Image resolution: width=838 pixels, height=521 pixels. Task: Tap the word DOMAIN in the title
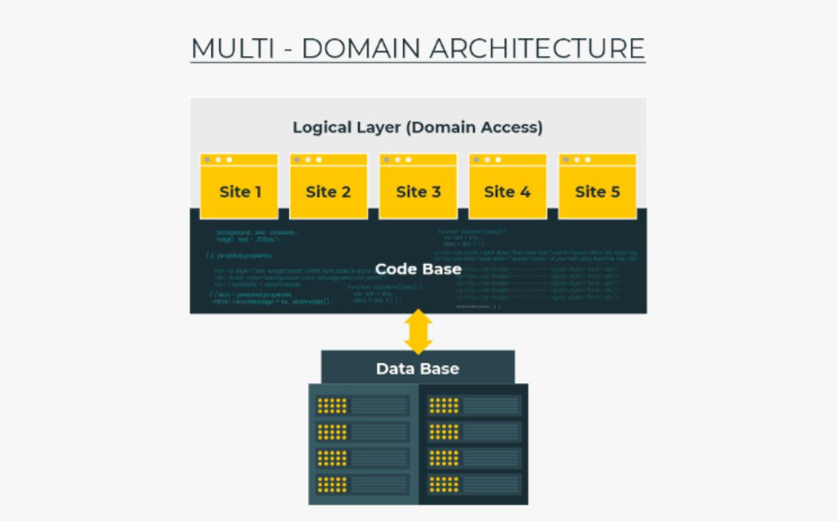359,48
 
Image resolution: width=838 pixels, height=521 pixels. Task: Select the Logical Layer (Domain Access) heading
417,127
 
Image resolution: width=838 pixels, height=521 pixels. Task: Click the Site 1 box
240,191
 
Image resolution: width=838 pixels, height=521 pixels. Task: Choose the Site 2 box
329,191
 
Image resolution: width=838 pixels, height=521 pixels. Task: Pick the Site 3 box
418,191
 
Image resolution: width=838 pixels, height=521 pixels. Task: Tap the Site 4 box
508,191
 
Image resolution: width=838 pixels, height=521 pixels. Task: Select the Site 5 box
598,191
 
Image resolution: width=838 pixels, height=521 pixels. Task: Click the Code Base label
418,269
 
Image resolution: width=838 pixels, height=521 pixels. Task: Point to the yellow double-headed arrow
418,331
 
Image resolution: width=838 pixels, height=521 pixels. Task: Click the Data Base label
417,369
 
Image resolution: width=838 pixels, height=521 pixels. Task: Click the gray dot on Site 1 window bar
208,159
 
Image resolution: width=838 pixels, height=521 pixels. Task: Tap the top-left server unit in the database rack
363,406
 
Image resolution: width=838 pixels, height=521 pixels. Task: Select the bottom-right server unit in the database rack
475,484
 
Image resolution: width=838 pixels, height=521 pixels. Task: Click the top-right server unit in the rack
475,406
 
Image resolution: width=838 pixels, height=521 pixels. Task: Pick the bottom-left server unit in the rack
363,484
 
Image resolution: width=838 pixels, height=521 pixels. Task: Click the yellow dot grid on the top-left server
333,406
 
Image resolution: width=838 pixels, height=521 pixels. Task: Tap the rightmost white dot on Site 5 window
588,159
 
